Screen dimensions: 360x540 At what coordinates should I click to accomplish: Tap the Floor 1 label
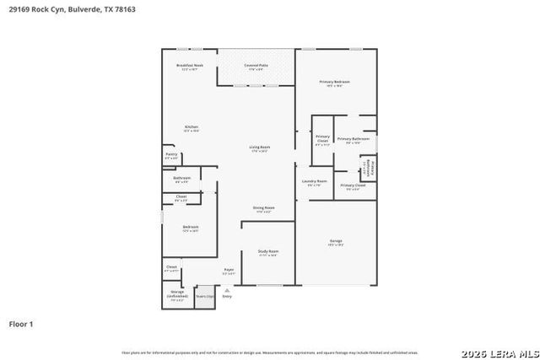click(x=21, y=323)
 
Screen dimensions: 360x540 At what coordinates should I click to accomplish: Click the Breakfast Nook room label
click(x=189, y=67)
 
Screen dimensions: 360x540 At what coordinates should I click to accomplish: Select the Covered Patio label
click(x=256, y=67)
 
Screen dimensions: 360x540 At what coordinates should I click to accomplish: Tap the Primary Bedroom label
click(x=334, y=83)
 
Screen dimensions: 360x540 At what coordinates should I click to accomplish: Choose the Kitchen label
click(x=192, y=128)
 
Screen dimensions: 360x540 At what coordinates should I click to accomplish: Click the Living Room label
click(x=259, y=148)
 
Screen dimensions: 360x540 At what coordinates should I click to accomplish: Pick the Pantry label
click(x=171, y=156)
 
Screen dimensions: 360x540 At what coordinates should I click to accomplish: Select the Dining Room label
click(x=264, y=208)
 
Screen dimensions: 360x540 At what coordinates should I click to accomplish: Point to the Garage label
click(x=336, y=242)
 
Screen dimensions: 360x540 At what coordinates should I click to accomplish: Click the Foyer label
click(x=228, y=271)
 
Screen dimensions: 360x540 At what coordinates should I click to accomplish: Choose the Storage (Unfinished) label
click(x=177, y=295)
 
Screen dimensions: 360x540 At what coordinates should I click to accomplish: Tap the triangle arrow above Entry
click(x=227, y=289)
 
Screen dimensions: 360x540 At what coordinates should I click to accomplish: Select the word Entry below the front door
click(x=227, y=297)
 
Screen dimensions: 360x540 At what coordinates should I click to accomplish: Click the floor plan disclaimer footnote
click(x=269, y=352)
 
